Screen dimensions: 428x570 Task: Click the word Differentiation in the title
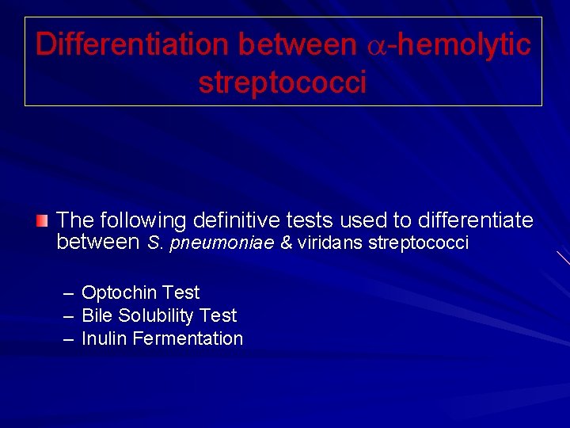[132, 44]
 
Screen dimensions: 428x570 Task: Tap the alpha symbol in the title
[376, 46]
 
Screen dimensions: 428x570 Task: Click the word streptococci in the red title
[283, 82]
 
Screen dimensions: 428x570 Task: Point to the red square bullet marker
[42, 220]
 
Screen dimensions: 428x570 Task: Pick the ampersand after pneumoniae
[287, 243]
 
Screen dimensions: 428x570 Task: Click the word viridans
[331, 243]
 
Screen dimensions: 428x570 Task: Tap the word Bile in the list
[97, 315]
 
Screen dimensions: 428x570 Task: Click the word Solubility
[156, 315]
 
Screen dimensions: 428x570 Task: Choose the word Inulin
[104, 338]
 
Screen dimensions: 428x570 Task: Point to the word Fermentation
[188, 338]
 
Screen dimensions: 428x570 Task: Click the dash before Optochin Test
[68, 293]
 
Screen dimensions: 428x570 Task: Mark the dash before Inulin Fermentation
[68, 339]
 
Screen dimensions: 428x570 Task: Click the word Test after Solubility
[218, 315]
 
